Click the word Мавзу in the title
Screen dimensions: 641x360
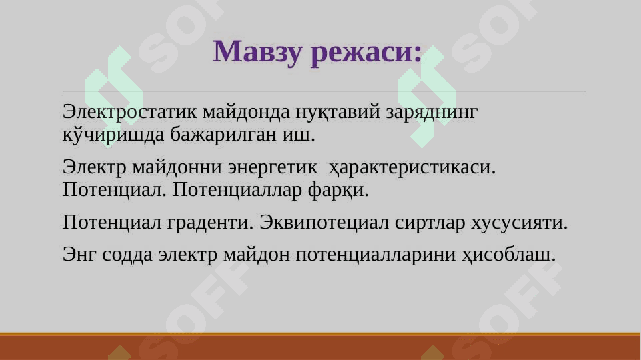click(x=257, y=52)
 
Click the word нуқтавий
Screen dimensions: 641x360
click(x=338, y=111)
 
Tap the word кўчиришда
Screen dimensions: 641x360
click(x=113, y=134)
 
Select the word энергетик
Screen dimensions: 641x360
click(x=272, y=167)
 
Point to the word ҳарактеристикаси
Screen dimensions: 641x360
click(x=412, y=167)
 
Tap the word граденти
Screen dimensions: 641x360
click(x=211, y=223)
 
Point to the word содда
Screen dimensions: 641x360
click(x=127, y=255)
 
